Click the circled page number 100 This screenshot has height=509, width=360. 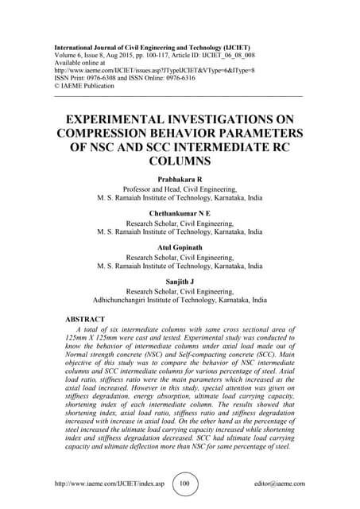click(x=185, y=484)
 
